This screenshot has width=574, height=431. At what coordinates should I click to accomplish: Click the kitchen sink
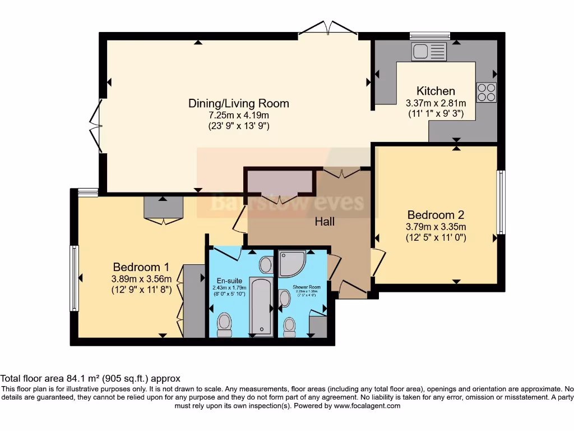429,52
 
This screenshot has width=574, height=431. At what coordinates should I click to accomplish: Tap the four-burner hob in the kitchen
486,92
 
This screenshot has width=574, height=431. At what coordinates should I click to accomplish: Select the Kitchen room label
436,91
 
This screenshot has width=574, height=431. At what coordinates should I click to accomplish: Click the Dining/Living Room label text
238,103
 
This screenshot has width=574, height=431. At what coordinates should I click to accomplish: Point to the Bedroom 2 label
436,215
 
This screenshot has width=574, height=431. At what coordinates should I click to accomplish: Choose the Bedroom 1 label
141,267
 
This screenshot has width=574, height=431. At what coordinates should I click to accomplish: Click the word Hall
325,222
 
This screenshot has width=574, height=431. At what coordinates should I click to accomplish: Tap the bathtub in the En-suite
261,305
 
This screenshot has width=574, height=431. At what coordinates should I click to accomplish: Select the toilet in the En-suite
224,324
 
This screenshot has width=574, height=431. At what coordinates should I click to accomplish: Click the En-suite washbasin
266,264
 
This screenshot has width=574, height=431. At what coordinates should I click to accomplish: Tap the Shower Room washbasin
285,298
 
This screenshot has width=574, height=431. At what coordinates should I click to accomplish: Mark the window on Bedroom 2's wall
501,202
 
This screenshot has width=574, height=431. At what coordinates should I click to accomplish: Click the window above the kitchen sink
430,35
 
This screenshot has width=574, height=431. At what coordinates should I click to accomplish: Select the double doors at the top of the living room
328,28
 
